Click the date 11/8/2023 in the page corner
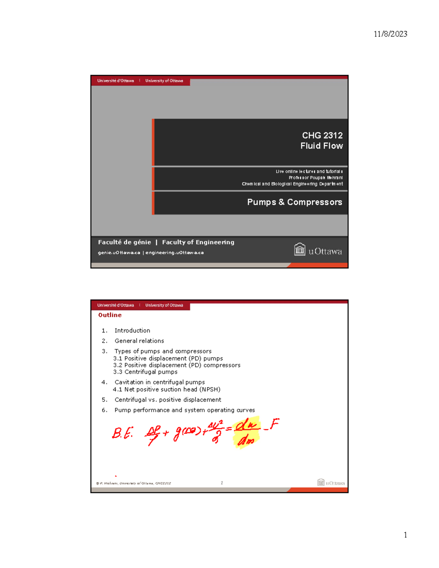pyautogui.click(x=390, y=34)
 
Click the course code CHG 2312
pyautogui.click(x=322, y=135)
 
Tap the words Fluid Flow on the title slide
pyautogui.click(x=322, y=146)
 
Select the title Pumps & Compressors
pyautogui.click(x=294, y=202)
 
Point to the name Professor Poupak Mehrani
pyautogui.click(x=316, y=178)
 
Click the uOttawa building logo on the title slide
pyautogui.click(x=300, y=249)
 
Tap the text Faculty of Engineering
pyautogui.click(x=198, y=242)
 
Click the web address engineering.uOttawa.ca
pyautogui.click(x=175, y=253)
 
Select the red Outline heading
pyautogui.click(x=110, y=315)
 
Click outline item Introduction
pyautogui.click(x=132, y=331)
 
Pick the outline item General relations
pyautogui.click(x=139, y=341)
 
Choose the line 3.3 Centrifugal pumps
pyautogui.click(x=145, y=372)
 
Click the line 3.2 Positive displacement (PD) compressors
pyautogui.click(x=177, y=365)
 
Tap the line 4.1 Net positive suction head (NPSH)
pyautogui.click(x=167, y=390)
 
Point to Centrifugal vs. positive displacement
pyautogui.click(x=168, y=400)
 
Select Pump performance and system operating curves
pyautogui.click(x=184, y=410)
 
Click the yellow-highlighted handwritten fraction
pyautogui.click(x=246, y=433)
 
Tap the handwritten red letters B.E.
pyautogui.click(x=122, y=433)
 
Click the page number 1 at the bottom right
pyautogui.click(x=405, y=535)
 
